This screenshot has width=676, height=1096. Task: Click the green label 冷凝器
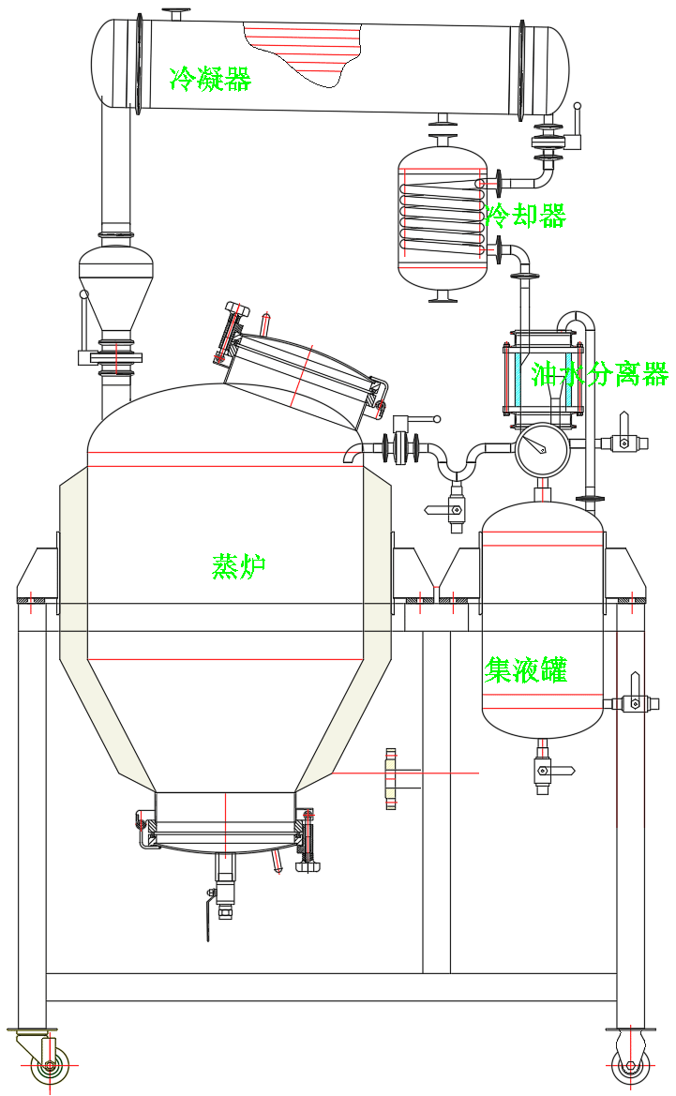pos(210,79)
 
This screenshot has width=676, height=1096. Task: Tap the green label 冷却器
pos(526,217)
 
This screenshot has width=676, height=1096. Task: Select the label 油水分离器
pos(599,374)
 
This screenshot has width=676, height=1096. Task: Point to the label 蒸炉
pos(239,566)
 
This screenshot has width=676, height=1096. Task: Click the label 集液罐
pos(526,669)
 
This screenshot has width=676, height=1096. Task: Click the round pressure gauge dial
pos(542,450)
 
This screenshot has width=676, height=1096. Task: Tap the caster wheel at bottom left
pos(47,1065)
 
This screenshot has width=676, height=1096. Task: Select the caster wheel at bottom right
pos(630,1064)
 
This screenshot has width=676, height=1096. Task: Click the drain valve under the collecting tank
pos(543,773)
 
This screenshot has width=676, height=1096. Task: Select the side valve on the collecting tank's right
pos(633,701)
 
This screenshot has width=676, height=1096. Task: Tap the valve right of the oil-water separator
pos(623,443)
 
